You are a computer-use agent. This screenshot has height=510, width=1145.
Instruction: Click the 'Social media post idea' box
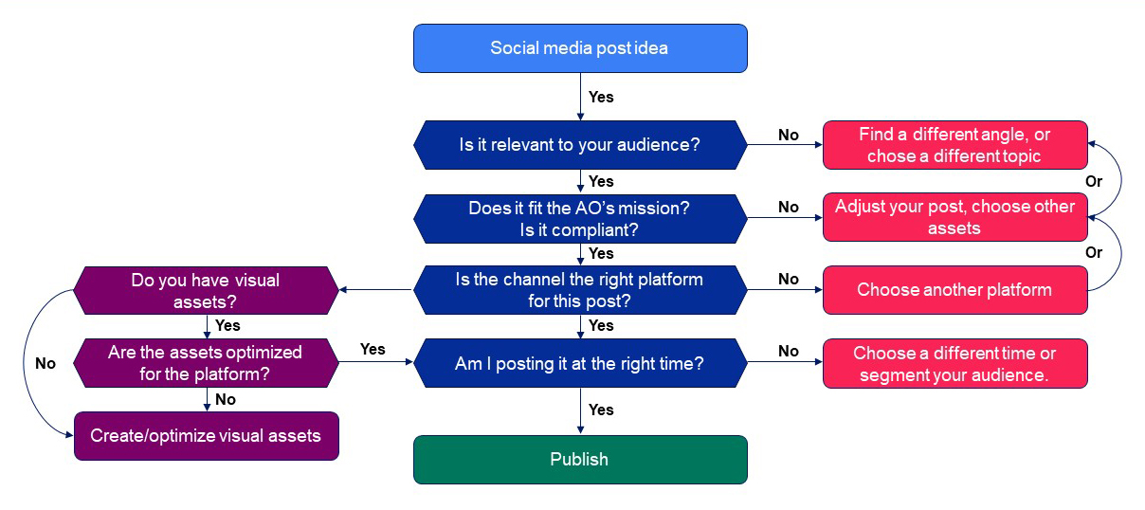580,48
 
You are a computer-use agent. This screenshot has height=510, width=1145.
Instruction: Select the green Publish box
580,460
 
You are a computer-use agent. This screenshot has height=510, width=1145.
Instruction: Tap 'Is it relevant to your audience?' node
580,145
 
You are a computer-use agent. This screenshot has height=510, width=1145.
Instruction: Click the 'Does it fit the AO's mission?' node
580,218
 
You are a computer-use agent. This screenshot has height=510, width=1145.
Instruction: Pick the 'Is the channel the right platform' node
580,290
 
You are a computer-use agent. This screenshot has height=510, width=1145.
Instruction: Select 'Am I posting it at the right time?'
580,363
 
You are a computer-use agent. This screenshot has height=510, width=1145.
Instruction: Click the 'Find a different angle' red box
954,145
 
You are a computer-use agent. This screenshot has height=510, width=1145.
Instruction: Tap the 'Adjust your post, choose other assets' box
954,217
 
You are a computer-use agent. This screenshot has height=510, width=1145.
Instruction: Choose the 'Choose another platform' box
954,290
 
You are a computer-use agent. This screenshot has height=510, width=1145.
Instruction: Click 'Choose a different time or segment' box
954,363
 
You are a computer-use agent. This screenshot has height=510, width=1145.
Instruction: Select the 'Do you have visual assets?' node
206,290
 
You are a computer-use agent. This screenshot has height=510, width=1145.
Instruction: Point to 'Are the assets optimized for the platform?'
206,363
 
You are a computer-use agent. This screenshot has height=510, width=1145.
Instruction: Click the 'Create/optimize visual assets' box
206,436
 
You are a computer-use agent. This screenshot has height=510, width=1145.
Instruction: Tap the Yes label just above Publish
601,410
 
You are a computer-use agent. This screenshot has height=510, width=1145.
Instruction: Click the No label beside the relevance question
789,135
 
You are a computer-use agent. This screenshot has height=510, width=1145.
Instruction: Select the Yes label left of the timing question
373,349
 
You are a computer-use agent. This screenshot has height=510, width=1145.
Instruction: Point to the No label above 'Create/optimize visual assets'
226,399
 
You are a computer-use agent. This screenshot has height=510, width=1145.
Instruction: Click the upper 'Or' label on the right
1094,180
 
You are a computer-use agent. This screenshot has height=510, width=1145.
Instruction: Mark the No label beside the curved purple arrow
45,363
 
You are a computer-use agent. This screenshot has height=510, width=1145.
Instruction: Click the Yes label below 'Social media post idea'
601,97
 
